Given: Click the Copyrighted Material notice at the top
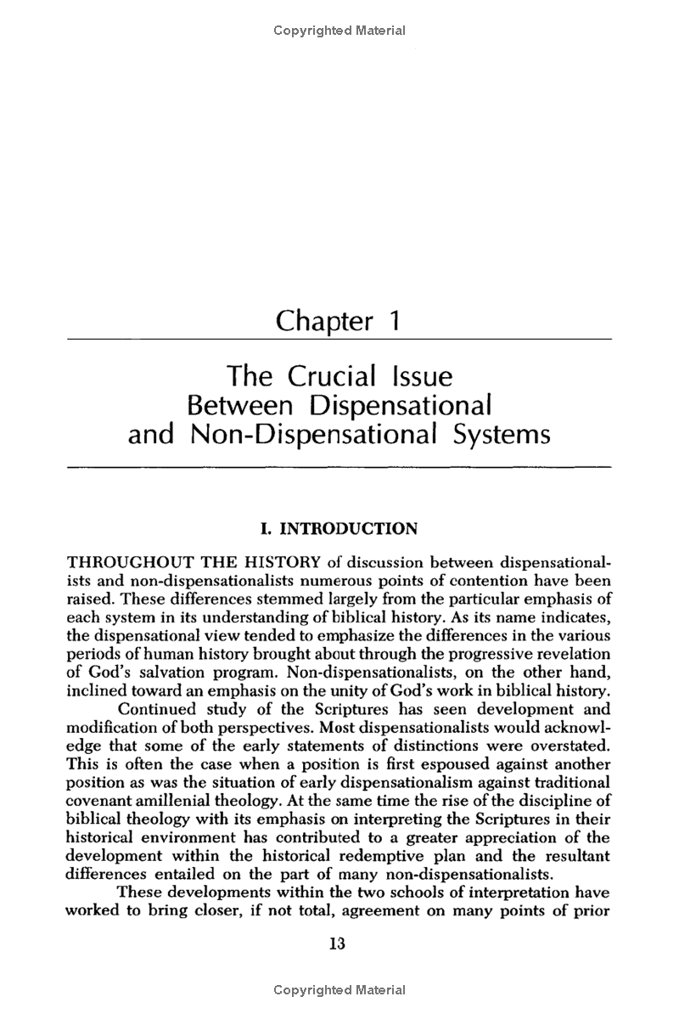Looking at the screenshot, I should [339, 31].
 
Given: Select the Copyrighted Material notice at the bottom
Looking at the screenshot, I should [339, 990].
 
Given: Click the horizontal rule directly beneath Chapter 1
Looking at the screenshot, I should [339, 340].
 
